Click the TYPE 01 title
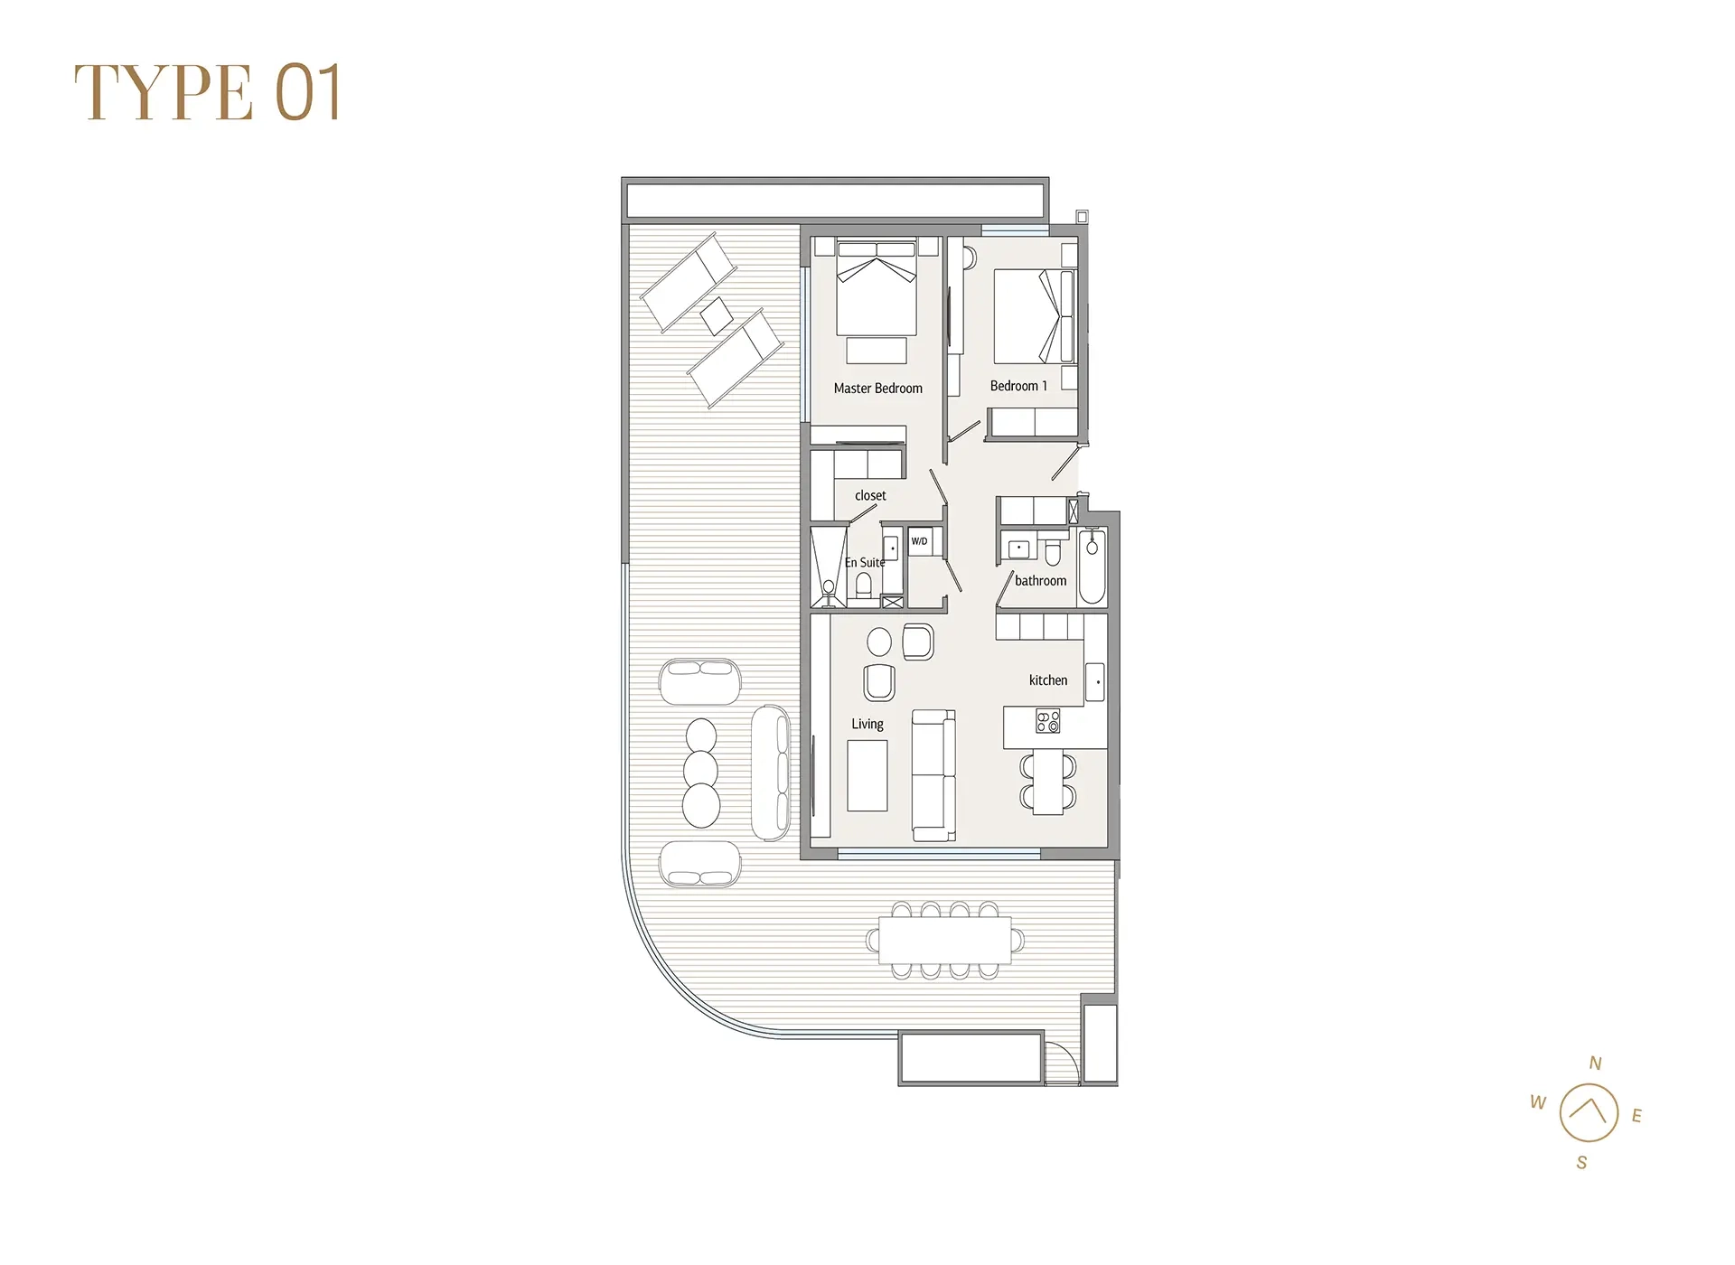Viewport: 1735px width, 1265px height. pyautogui.click(x=207, y=92)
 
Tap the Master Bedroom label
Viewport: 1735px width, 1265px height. pyautogui.click(x=877, y=389)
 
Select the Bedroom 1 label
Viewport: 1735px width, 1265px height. pyautogui.click(x=1018, y=386)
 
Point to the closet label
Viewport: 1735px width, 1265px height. pyautogui.click(x=870, y=495)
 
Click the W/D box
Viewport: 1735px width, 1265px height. pyautogui.click(x=920, y=541)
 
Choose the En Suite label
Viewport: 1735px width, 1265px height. pyautogui.click(x=865, y=562)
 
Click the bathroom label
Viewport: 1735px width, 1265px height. pyautogui.click(x=1040, y=581)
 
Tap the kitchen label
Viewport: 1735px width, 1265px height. pyautogui.click(x=1048, y=680)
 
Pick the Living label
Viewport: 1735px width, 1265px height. pyautogui.click(x=867, y=724)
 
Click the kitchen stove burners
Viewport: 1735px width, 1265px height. pyautogui.click(x=1048, y=721)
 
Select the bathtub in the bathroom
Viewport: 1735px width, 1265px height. pyautogui.click(x=1092, y=567)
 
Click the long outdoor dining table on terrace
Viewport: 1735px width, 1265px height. pyautogui.click(x=945, y=941)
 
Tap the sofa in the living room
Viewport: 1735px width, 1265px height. pyautogui.click(x=933, y=774)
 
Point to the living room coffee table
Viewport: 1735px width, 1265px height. pyautogui.click(x=867, y=775)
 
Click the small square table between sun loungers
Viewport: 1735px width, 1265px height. pyautogui.click(x=717, y=316)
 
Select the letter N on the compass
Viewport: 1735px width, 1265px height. pyautogui.click(x=1596, y=1064)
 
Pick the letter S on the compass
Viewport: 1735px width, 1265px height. pyautogui.click(x=1581, y=1163)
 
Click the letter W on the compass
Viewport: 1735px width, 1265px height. pyautogui.click(x=1538, y=1102)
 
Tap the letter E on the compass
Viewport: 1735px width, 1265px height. pyautogui.click(x=1637, y=1116)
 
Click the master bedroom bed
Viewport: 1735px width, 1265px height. pyautogui.click(x=877, y=289)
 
